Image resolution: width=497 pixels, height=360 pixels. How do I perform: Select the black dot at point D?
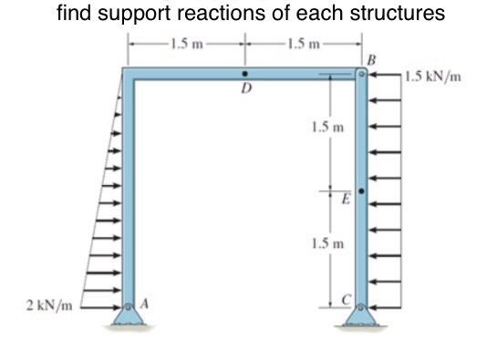pyautogui.click(x=243, y=74)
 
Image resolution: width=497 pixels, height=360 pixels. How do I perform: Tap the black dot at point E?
pyautogui.click(x=362, y=192)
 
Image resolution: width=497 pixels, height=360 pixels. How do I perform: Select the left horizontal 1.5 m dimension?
pyautogui.click(x=188, y=41)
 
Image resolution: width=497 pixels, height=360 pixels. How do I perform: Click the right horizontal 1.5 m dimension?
pyautogui.click(x=302, y=41)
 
